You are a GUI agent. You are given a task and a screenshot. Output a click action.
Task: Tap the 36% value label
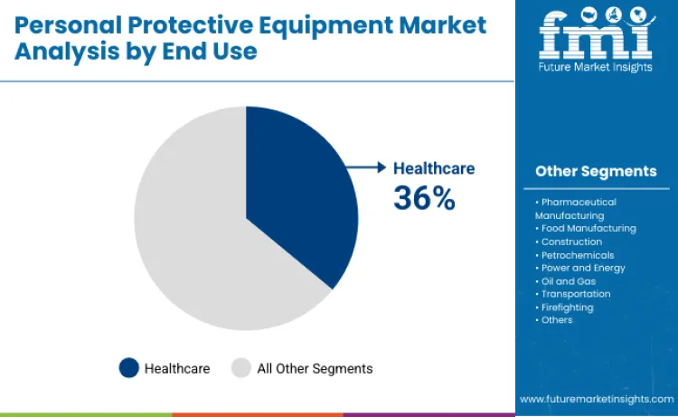tap(424, 198)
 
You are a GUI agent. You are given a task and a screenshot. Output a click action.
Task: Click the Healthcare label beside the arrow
tap(433, 168)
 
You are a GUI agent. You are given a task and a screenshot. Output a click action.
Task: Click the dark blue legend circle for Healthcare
tap(129, 368)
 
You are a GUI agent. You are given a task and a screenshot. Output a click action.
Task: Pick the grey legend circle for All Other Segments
tap(240, 368)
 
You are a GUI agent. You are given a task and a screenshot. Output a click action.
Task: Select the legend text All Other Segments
tap(315, 368)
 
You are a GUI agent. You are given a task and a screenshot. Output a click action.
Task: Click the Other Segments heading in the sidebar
tap(596, 171)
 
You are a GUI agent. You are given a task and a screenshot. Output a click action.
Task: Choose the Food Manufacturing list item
tap(588, 229)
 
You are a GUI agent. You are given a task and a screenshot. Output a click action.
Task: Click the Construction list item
tap(571, 242)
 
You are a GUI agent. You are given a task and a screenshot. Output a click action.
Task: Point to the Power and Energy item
tap(583, 268)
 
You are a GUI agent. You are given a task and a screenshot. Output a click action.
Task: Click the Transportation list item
tap(576, 294)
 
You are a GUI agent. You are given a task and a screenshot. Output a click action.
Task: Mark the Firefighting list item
tap(567, 308)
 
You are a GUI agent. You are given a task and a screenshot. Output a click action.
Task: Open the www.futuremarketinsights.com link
tap(596, 398)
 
